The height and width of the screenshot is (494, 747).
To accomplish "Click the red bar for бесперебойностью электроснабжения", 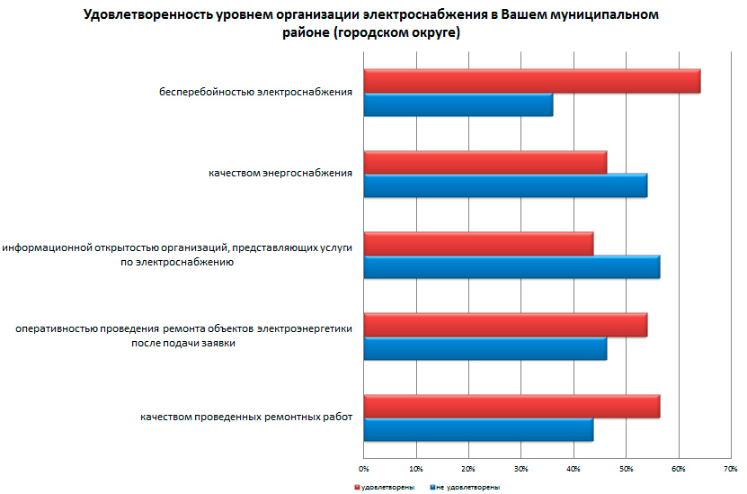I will point(531,81).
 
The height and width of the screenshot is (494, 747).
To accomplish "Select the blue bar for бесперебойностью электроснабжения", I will point(458,104).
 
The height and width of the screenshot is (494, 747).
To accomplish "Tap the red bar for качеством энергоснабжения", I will point(485,162).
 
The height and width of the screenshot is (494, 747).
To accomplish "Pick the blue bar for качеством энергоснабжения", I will point(505,185).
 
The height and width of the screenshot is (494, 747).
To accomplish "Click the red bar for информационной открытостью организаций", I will point(478,244).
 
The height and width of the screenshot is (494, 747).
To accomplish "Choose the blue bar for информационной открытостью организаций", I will point(511,267).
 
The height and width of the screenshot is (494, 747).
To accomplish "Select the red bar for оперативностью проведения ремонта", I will point(505,325).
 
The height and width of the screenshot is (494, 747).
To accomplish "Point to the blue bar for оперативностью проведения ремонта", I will point(485,348).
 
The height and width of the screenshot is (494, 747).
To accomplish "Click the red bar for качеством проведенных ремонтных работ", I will point(511,406).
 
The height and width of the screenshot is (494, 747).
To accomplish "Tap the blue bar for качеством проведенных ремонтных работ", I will point(478,429).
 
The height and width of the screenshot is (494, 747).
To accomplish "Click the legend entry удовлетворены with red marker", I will point(384,487).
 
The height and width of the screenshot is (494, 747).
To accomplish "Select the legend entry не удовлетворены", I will point(466,487).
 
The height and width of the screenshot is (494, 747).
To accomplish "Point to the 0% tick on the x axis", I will point(364,469).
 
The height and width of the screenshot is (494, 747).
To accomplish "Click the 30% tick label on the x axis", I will point(520,469).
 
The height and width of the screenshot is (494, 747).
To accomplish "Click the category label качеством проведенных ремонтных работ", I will point(245,417).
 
